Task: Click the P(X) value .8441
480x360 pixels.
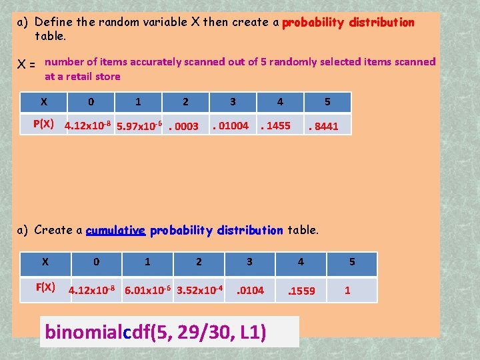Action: click(x=323, y=126)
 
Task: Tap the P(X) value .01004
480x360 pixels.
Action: click(x=230, y=125)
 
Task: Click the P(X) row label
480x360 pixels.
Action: click(x=43, y=124)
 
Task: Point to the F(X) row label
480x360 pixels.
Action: click(x=45, y=287)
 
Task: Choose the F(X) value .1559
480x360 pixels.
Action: click(x=301, y=290)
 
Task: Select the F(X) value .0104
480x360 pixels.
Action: click(x=250, y=290)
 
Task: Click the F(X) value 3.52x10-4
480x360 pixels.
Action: click(x=199, y=289)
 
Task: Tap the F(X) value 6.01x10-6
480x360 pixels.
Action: click(x=148, y=289)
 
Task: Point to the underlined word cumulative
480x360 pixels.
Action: click(x=115, y=231)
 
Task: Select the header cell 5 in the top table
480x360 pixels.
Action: click(x=327, y=102)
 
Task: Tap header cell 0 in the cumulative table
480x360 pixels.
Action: click(x=97, y=262)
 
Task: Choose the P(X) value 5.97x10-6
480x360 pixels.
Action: click(x=139, y=125)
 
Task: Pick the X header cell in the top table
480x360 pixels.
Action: click(x=43, y=102)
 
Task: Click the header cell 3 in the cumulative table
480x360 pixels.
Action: click(x=249, y=262)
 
